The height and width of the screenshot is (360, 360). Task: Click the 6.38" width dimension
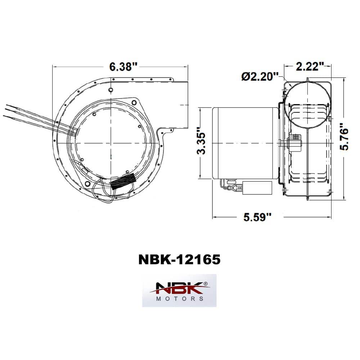(x=123, y=67)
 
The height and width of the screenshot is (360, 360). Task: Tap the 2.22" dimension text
(x=308, y=66)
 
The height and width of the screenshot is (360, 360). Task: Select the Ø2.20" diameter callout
(x=260, y=77)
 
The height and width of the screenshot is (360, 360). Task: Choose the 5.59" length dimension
(x=257, y=217)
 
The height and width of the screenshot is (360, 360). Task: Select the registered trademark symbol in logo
(x=206, y=284)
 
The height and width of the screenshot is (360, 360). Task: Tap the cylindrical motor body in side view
(x=245, y=143)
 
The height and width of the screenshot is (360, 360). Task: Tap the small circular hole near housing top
(x=111, y=89)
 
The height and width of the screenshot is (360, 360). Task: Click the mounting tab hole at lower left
(x=87, y=184)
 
